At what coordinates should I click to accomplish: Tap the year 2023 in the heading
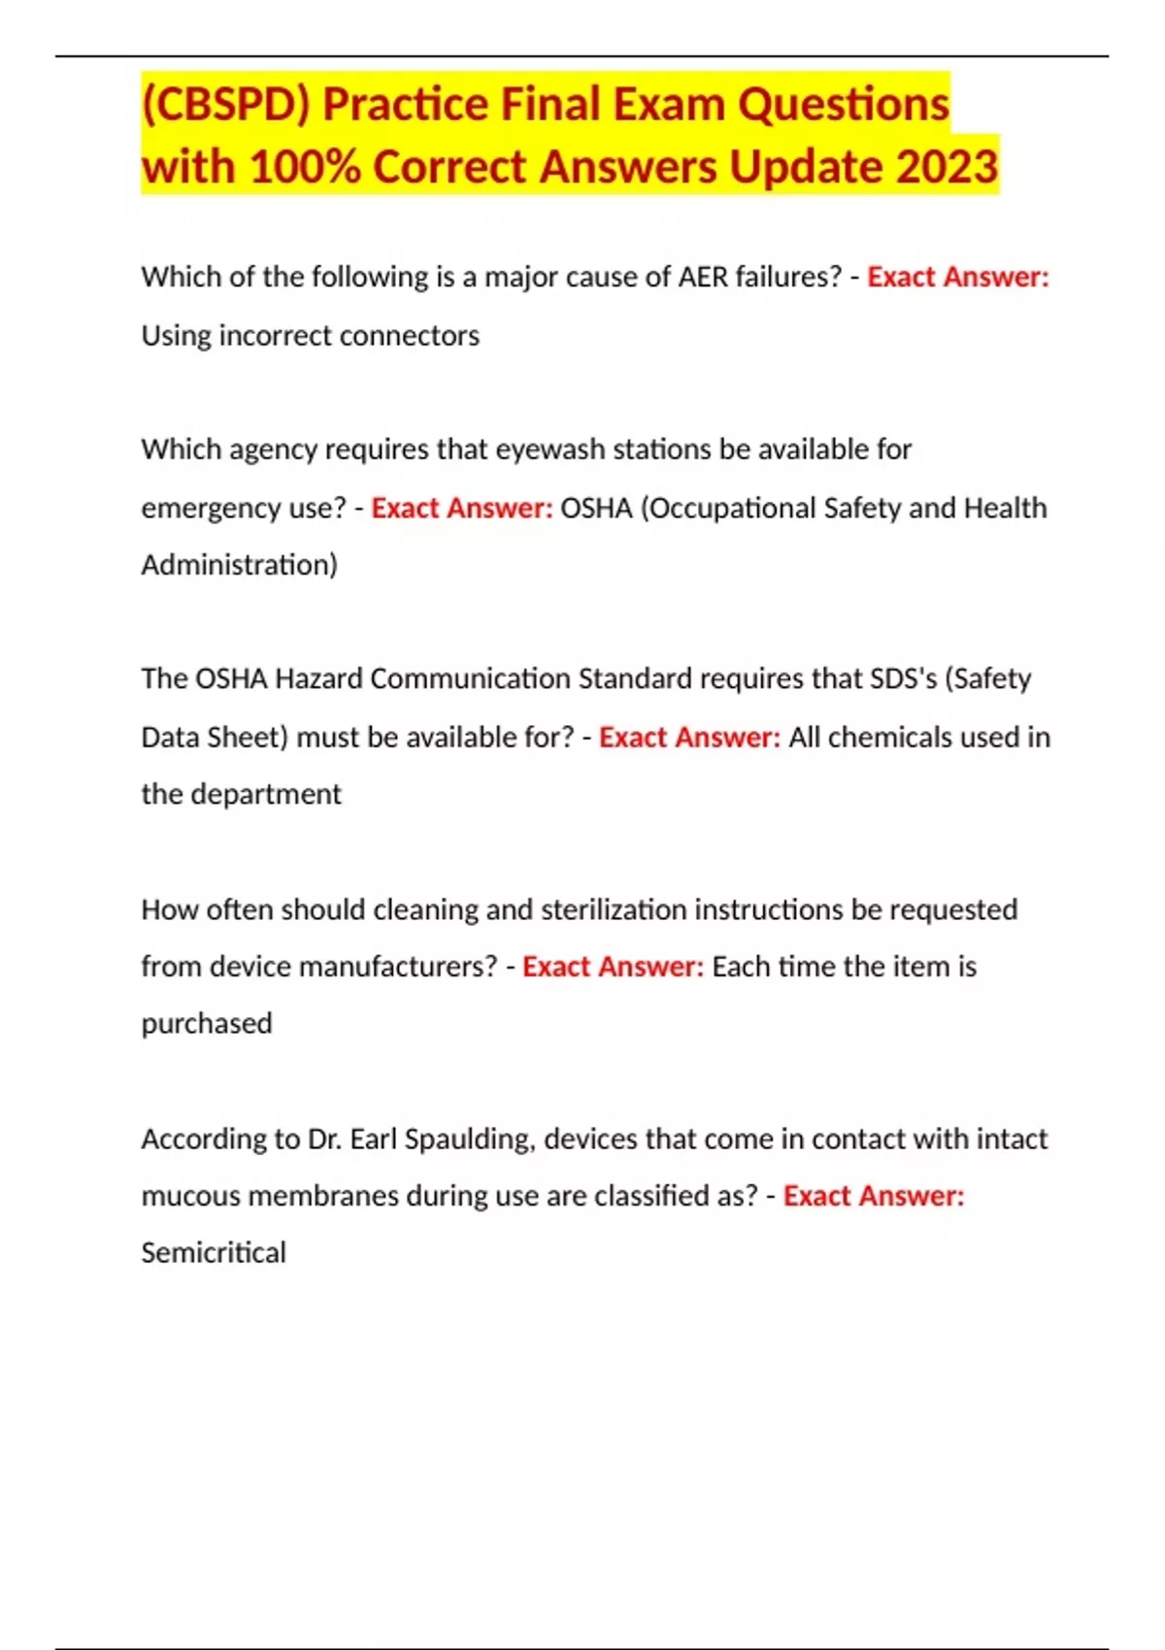[x=947, y=166]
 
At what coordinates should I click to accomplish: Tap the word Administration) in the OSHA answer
[x=239, y=565]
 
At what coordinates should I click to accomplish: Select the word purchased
[x=207, y=1024]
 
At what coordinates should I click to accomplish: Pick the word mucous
[x=191, y=1196]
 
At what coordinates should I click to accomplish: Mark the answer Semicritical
[x=214, y=1253]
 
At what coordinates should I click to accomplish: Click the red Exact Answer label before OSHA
[x=461, y=508]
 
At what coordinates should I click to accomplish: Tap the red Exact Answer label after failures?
[x=957, y=278]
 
